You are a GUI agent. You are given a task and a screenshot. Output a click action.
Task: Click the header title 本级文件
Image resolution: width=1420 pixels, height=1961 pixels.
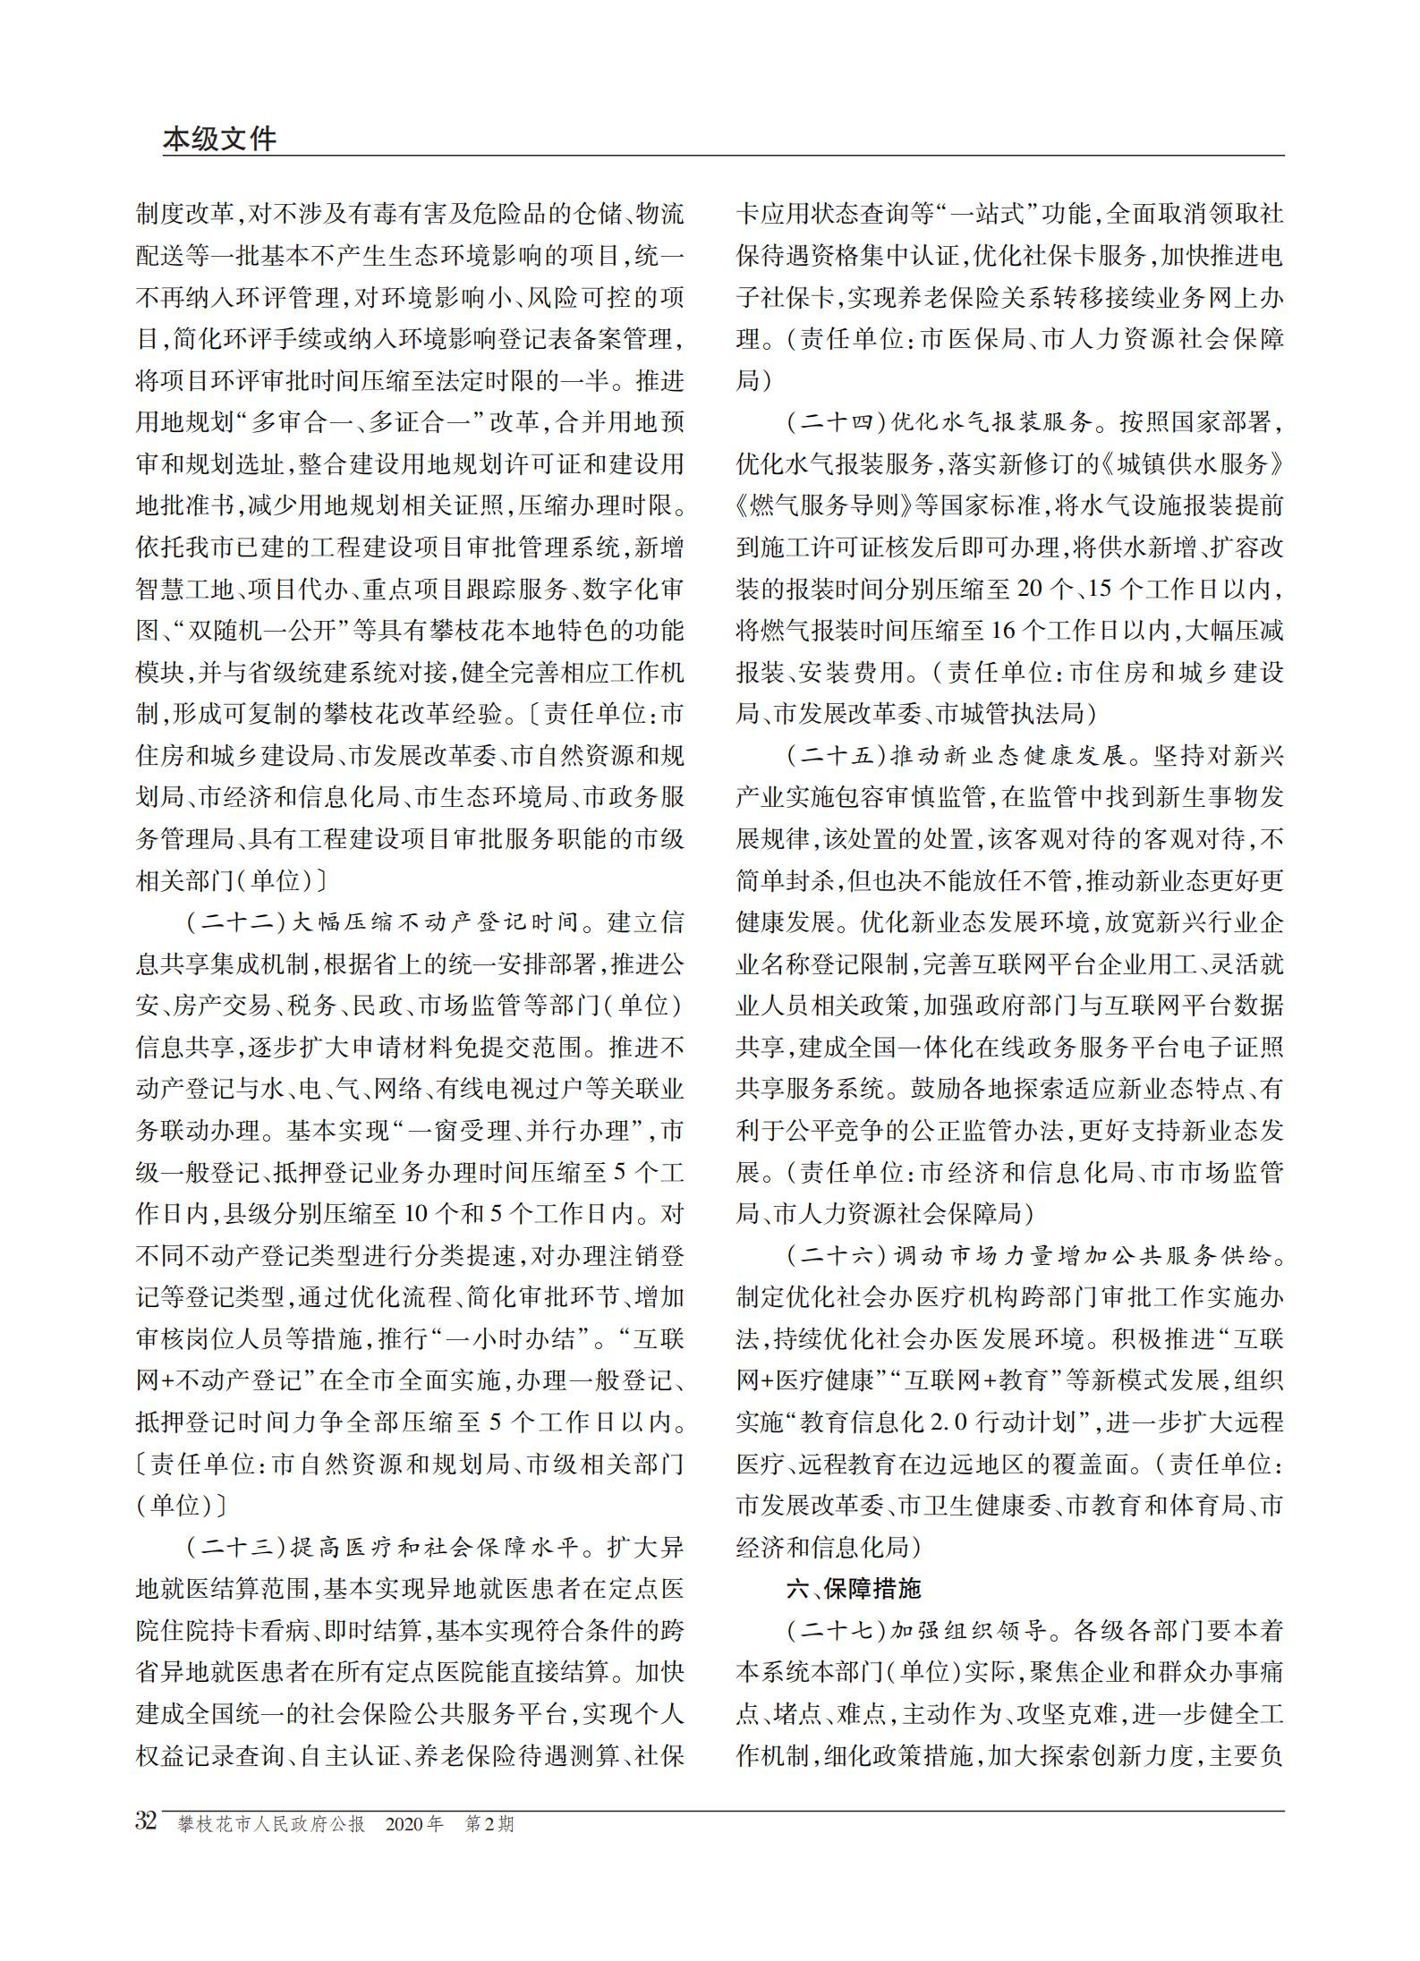coord(220,139)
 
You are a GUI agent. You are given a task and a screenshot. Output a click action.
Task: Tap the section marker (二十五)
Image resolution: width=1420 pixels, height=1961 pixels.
coord(836,756)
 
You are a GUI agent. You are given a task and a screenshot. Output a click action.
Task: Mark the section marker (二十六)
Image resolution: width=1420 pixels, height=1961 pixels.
coord(836,1256)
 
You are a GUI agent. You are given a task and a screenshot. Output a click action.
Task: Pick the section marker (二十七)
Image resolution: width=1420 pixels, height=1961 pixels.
coord(836,1631)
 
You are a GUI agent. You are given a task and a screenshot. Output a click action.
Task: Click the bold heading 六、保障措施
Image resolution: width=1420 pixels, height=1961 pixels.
coord(853,1590)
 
